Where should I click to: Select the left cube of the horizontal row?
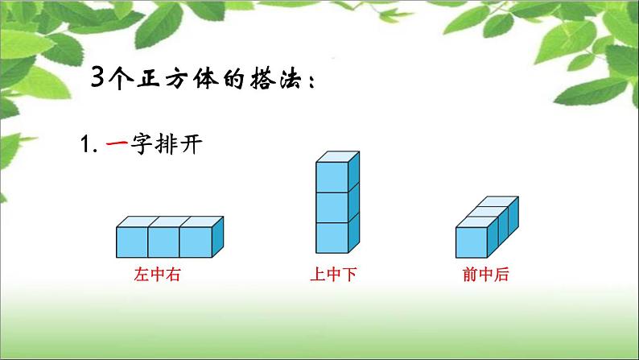pos(132,242)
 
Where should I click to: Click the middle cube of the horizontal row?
pos(163,242)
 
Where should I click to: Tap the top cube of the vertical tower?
pos(332,176)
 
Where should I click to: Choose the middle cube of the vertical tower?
pos(332,207)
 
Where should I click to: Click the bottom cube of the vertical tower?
pos(332,238)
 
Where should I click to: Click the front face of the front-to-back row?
pos(471,242)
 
